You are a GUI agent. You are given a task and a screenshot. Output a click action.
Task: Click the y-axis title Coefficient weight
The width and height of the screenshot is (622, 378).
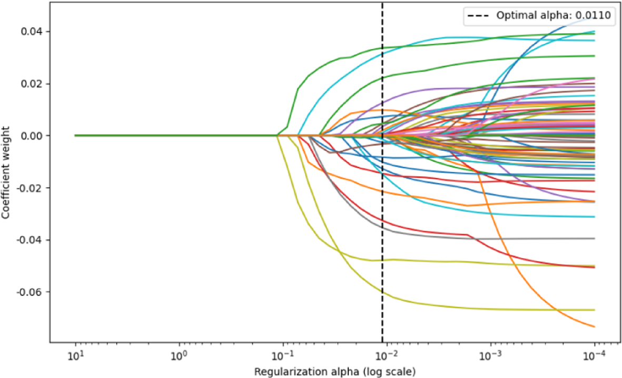pyautogui.click(x=7, y=172)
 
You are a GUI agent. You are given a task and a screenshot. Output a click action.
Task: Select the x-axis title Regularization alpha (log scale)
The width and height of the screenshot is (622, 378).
pyautogui.click(x=335, y=372)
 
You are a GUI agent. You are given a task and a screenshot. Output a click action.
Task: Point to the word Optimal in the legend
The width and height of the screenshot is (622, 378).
pyautogui.click(x=512, y=16)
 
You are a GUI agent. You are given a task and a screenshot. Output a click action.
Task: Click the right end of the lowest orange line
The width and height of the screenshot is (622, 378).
pyautogui.click(x=595, y=326)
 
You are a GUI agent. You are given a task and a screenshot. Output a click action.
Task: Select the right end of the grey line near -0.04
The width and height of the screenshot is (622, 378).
pyautogui.click(x=595, y=239)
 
